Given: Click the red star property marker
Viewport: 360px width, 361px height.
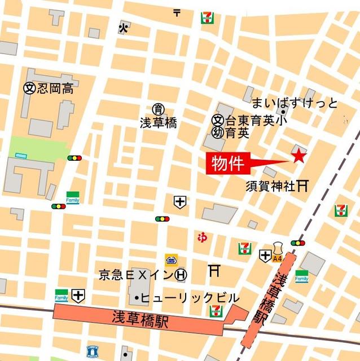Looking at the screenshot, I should [298, 156].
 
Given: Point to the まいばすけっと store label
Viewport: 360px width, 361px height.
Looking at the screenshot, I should [295, 103].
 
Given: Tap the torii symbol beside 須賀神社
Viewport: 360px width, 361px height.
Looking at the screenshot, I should [303, 185].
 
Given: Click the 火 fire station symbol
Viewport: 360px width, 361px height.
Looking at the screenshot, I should [123, 27].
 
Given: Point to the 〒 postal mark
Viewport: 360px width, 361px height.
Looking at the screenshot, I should [177, 11].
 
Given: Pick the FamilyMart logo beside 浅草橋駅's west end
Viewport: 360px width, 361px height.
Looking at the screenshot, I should [61, 295].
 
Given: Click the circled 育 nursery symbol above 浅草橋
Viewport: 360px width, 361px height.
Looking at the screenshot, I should [159, 109].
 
